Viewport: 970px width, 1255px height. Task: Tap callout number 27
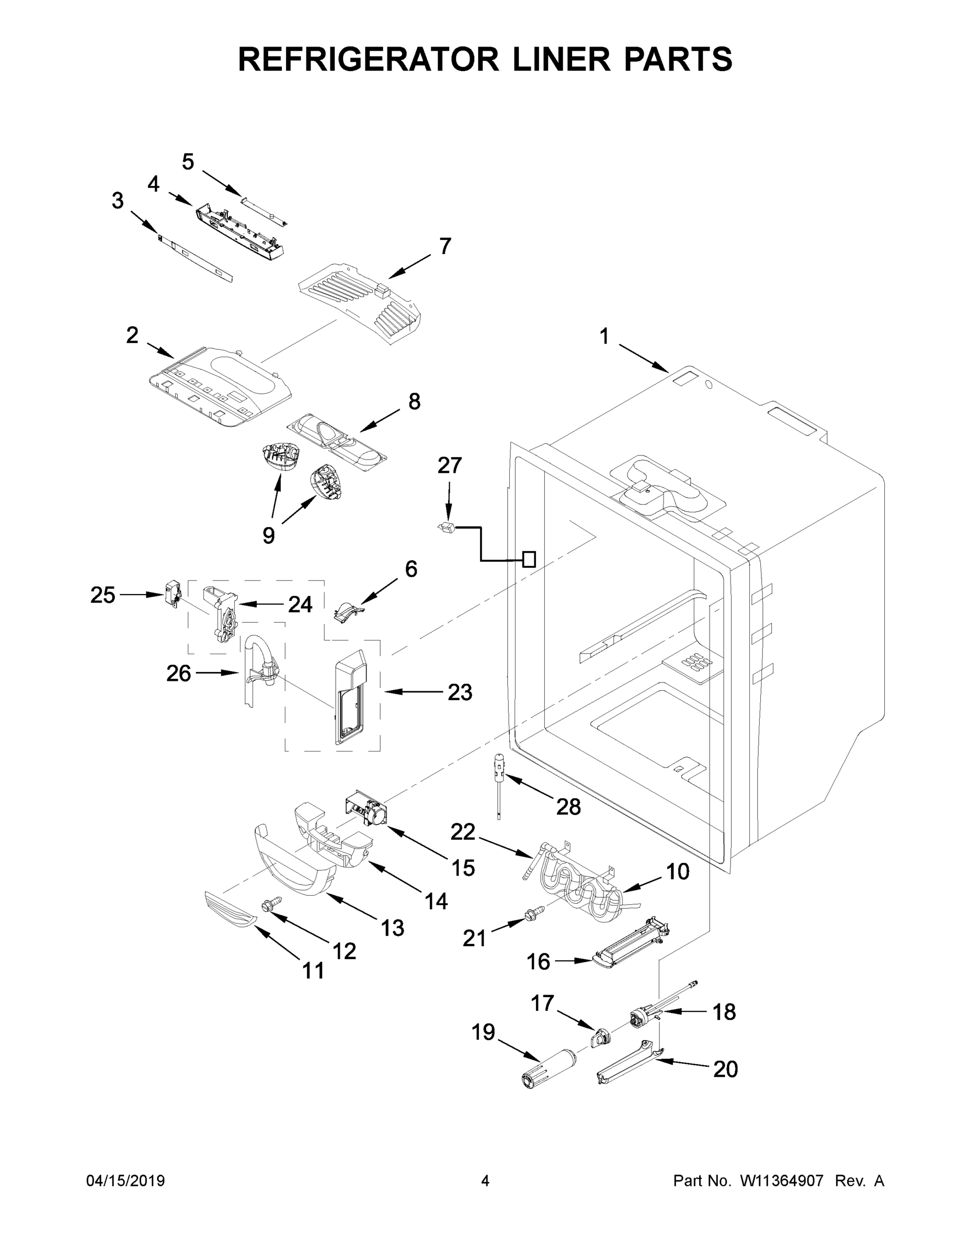click(449, 465)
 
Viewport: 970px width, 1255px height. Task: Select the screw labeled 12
click(270, 904)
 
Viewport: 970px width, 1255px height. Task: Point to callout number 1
click(604, 336)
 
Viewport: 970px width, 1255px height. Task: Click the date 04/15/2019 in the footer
click(125, 1181)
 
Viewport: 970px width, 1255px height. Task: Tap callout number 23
click(460, 693)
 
